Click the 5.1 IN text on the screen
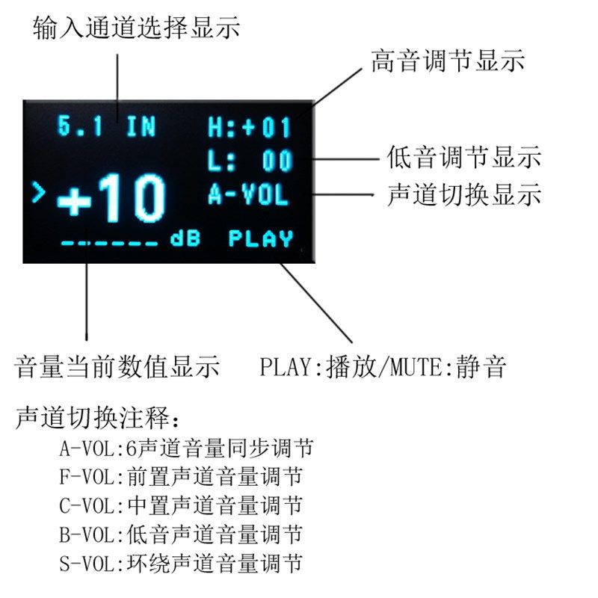pos(107,126)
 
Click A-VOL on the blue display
pos(247,195)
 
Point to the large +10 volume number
pos(111,199)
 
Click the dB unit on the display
pos(185,239)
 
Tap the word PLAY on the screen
pos(260,239)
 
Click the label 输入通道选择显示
pos(136,28)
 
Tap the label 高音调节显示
pos(448,61)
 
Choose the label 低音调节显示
pos(464,158)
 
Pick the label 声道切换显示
pos(464,195)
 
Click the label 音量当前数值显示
pos(117,367)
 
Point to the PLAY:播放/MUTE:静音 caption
pos(383,367)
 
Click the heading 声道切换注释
pos(98,417)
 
